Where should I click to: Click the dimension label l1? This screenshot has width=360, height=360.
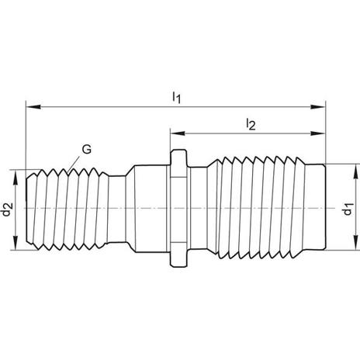click(176, 98)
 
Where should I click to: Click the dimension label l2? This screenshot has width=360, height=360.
click(251, 124)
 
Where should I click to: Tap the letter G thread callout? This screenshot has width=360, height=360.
click(87, 149)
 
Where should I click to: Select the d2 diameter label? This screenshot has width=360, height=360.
click(7, 209)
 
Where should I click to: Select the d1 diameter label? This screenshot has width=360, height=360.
click(348, 209)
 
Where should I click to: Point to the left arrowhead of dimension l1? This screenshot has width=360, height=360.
click(33, 107)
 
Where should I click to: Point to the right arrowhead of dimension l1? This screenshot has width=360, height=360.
click(318, 107)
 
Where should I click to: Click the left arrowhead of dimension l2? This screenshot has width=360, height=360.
click(178, 133)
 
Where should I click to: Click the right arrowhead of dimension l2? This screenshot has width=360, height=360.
click(318, 133)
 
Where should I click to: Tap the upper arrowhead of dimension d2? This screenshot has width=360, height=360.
click(16, 177)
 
